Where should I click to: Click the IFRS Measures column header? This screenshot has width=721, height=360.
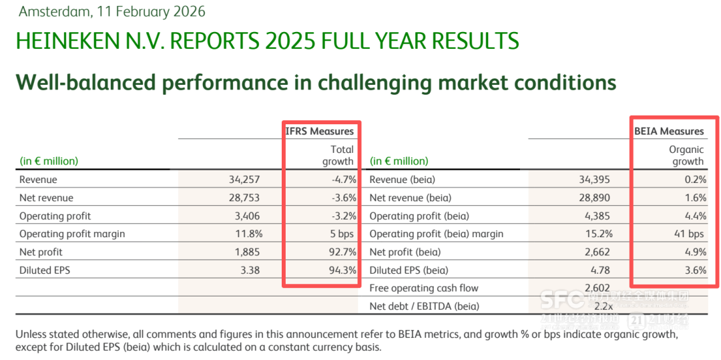319,132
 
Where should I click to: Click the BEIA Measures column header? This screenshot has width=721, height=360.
669,132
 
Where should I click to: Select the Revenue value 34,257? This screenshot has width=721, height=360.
244,180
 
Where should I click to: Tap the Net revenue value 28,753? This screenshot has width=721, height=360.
244,198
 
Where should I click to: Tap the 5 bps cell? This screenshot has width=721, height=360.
341,234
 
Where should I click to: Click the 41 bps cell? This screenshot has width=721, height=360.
690,234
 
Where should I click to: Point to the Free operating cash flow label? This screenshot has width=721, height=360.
424,289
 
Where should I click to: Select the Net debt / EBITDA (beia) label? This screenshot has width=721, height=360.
425,307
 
